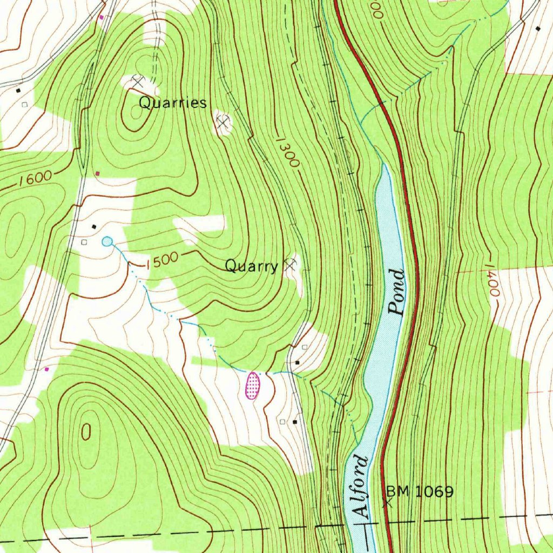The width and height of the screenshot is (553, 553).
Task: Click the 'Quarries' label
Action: pos(173,103)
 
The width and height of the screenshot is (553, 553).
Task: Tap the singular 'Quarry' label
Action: pos(251,266)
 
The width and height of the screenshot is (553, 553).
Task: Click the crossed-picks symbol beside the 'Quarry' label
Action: pos(291,264)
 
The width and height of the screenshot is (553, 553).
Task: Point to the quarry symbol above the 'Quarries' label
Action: pos(138,82)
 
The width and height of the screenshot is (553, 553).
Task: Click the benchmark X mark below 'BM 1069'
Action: pos(387,501)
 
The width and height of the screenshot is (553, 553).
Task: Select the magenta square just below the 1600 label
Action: pos(98,173)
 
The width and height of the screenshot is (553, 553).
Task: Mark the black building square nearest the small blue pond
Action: pos(95,226)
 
